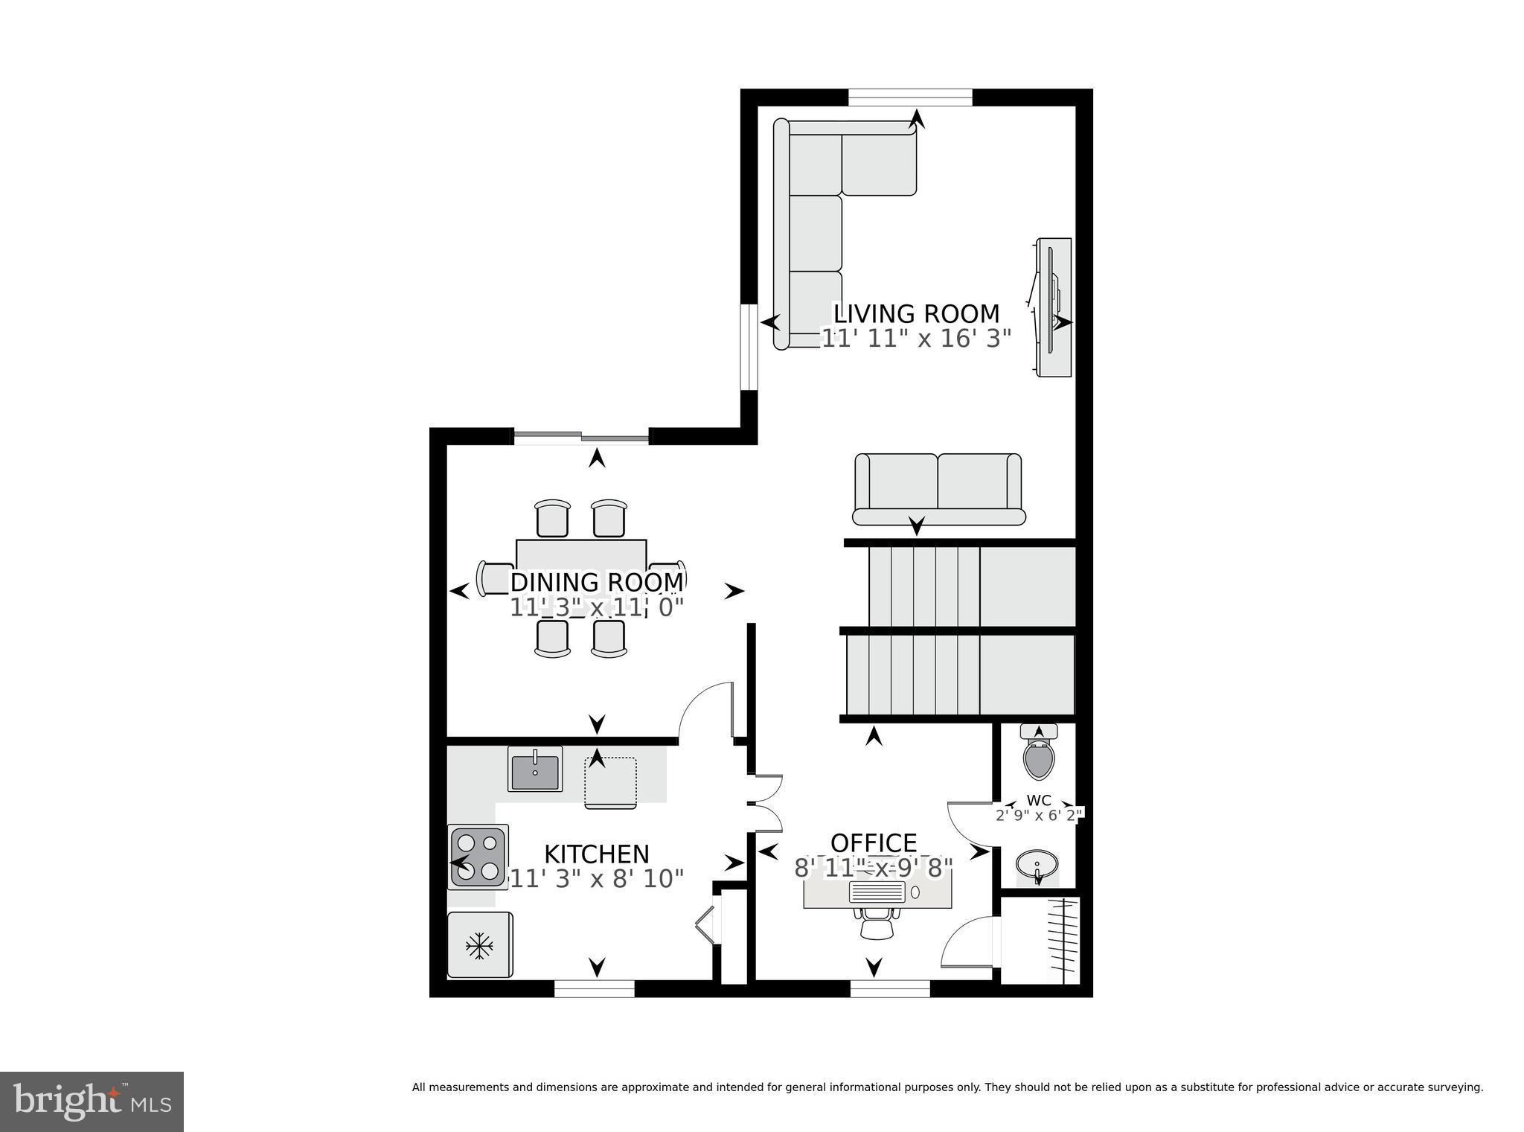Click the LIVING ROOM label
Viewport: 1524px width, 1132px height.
[x=915, y=313]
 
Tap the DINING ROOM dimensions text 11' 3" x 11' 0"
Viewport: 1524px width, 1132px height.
[x=596, y=607]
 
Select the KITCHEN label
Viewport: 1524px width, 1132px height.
[x=596, y=854]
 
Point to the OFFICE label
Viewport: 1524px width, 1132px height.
[x=874, y=843]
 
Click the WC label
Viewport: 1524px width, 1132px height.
[x=1039, y=801]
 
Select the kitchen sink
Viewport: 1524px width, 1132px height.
[x=535, y=769]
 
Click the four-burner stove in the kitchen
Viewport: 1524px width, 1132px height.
[x=478, y=857]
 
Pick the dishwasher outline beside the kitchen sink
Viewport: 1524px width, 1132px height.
[x=611, y=782]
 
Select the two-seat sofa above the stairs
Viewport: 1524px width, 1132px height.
[x=938, y=490]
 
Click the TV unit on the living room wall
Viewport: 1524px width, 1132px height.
[x=1054, y=307]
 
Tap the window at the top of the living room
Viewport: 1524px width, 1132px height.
[x=910, y=97]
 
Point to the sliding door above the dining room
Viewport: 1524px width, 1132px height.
[x=582, y=437]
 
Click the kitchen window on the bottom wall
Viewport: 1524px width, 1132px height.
[x=594, y=988]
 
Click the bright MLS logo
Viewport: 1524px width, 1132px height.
[x=92, y=1101]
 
